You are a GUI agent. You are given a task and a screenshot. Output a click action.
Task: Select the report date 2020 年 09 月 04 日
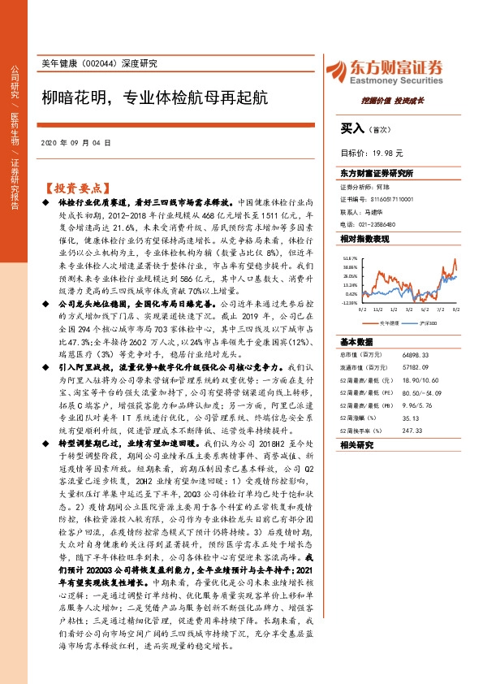point(75,143)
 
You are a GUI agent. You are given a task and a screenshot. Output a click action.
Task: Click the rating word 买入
point(352,128)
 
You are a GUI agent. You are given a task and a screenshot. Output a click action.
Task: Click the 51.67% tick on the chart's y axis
point(350,256)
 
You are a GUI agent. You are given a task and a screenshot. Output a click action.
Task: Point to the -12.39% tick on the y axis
point(350,303)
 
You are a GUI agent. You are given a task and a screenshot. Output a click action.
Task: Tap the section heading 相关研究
point(356,446)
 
